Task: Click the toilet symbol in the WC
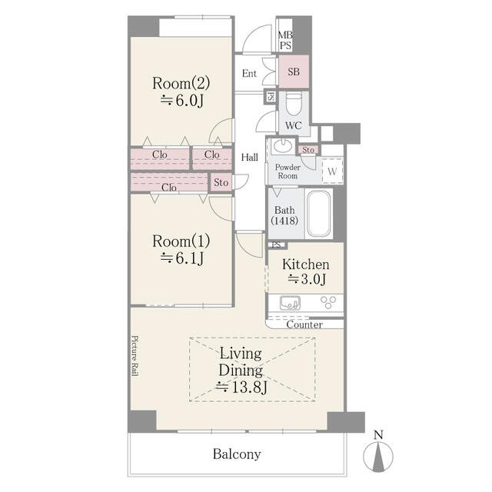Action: (x=294, y=105)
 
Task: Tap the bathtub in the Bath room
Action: (x=318, y=214)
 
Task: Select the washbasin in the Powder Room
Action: (x=282, y=145)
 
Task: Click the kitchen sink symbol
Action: (x=290, y=303)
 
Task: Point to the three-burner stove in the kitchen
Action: (x=328, y=302)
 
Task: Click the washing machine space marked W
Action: (x=332, y=171)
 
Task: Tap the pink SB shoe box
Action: (x=294, y=71)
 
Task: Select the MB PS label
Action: (x=285, y=40)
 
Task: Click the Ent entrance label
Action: (x=249, y=74)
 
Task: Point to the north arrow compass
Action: (x=378, y=456)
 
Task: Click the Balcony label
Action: (x=237, y=454)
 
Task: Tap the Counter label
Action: (x=304, y=324)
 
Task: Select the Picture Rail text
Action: (x=135, y=356)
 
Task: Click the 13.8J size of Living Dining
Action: (x=241, y=387)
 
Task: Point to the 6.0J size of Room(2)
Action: (x=182, y=101)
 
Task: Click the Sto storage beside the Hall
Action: (x=221, y=182)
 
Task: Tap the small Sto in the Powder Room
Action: (x=308, y=150)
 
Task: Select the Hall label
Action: (x=250, y=157)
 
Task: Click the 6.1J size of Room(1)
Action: (x=182, y=258)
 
